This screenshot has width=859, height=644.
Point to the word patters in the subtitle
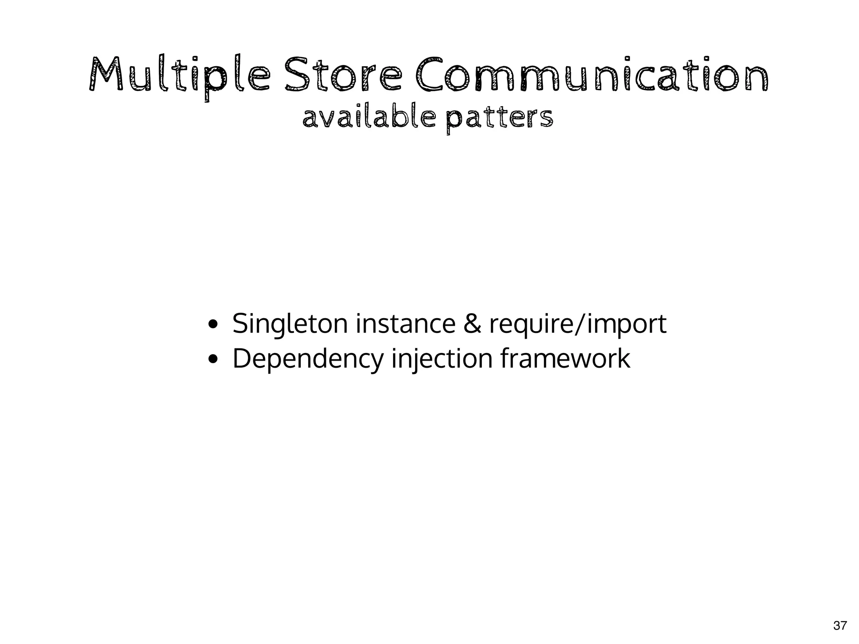click(x=499, y=119)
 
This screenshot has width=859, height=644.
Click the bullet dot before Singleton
click(x=213, y=325)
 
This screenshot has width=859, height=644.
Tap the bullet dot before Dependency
click(x=213, y=359)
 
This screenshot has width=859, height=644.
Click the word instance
click(x=406, y=324)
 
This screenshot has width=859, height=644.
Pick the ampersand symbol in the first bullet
click(x=472, y=324)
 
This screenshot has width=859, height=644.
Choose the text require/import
click(x=578, y=325)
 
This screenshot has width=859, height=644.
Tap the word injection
click(x=442, y=359)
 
